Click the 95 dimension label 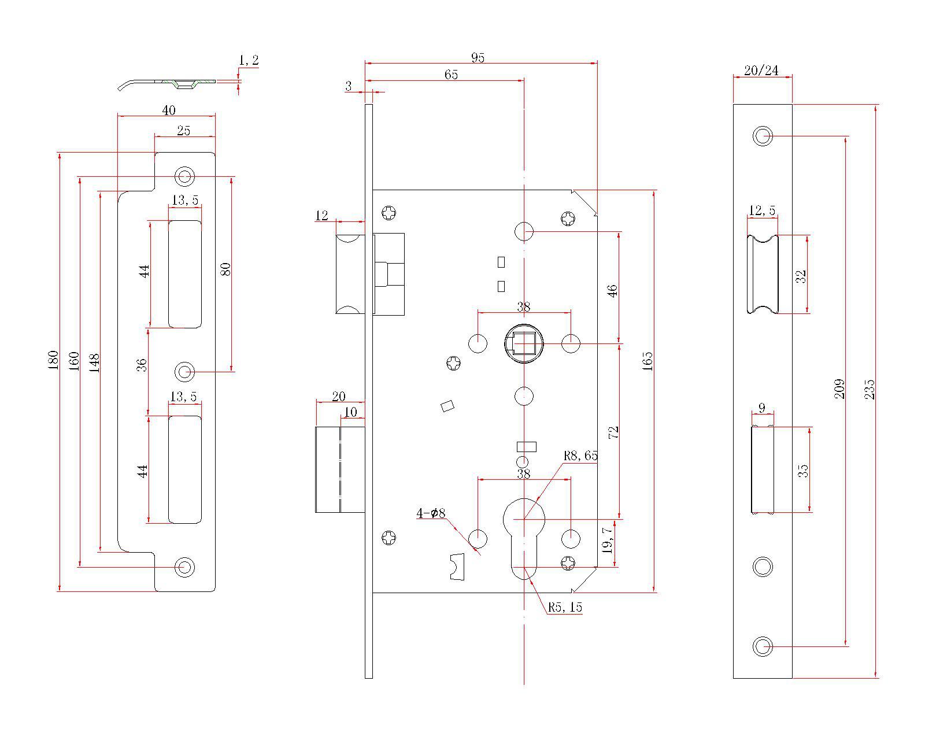point(478,57)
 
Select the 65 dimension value point(451,75)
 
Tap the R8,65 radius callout point(580,456)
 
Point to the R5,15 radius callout point(565,607)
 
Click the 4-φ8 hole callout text point(431,513)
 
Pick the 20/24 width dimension point(761,70)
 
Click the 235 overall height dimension point(869,389)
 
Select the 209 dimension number point(839,388)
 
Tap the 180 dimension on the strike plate point(53,360)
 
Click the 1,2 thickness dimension point(249,60)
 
